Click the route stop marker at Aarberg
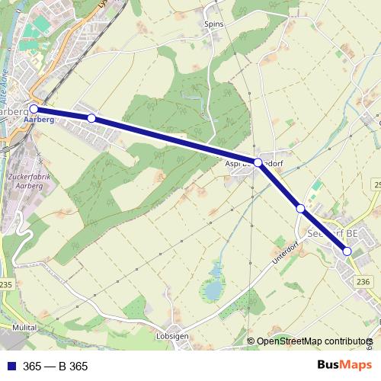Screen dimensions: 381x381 pyautogui.click(x=34, y=109)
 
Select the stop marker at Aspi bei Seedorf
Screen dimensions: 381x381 pyautogui.click(x=258, y=163)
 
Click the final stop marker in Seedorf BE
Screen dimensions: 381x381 pyautogui.click(x=347, y=251)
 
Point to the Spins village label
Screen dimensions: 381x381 pyautogui.click(x=213, y=24)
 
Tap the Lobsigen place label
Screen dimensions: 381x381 pyautogui.click(x=172, y=335)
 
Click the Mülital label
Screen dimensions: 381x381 pyautogui.click(x=24, y=327)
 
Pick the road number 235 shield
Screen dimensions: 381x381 pyautogui.click(x=7, y=284)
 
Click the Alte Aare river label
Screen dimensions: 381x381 pyautogui.click(x=7, y=81)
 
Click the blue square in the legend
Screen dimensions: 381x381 pyautogui.click(x=11, y=367)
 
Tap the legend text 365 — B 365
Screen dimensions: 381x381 pyautogui.click(x=56, y=367)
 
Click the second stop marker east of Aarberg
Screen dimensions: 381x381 pyautogui.click(x=91, y=118)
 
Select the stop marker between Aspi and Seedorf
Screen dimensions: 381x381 pyautogui.click(x=301, y=208)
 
